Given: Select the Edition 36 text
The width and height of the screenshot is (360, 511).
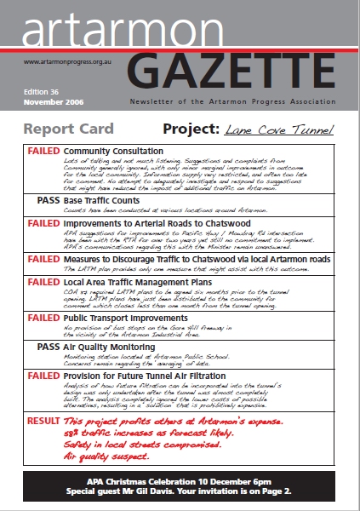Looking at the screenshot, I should click(42, 91).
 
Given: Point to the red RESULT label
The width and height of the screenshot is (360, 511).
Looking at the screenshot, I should click(43, 422).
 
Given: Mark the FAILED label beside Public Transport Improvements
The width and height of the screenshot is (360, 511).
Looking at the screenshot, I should click(43, 318).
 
